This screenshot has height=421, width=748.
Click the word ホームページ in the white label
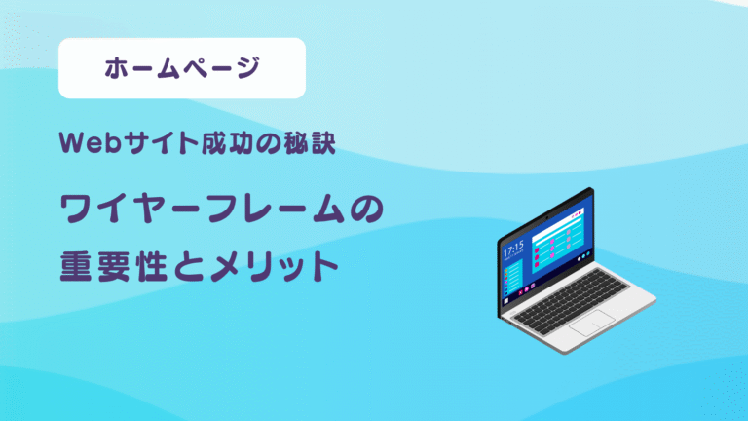[x=182, y=68]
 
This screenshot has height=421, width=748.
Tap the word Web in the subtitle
[x=83, y=144]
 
